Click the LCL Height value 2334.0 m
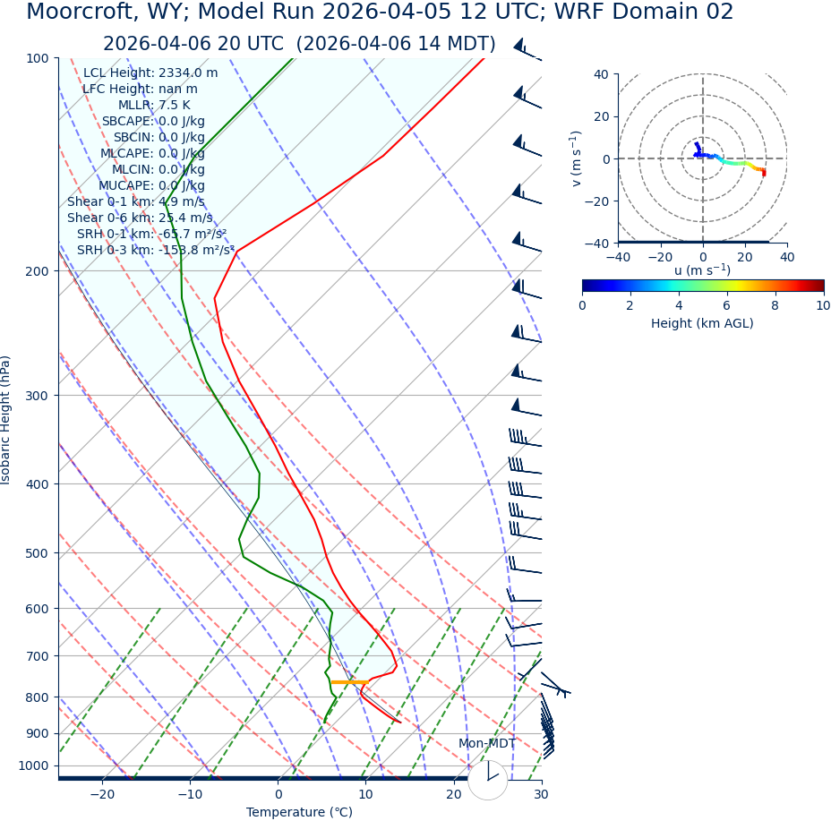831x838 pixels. click(188, 73)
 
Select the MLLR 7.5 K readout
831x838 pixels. click(154, 106)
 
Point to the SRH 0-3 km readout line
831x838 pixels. click(154, 251)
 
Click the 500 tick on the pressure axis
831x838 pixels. click(37, 553)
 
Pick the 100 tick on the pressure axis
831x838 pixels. click(37, 58)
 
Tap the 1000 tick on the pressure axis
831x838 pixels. click(33, 765)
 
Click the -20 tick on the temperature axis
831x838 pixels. click(102, 794)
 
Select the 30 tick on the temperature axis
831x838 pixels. click(541, 794)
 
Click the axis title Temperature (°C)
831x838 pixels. click(299, 813)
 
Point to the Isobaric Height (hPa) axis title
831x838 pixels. click(6, 420)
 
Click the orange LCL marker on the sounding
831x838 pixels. click(349, 682)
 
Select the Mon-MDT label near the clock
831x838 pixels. click(487, 744)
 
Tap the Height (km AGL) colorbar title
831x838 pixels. click(702, 323)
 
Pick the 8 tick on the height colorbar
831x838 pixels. click(775, 305)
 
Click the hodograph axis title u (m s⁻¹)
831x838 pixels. click(702, 270)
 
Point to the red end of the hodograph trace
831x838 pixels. click(763, 172)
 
